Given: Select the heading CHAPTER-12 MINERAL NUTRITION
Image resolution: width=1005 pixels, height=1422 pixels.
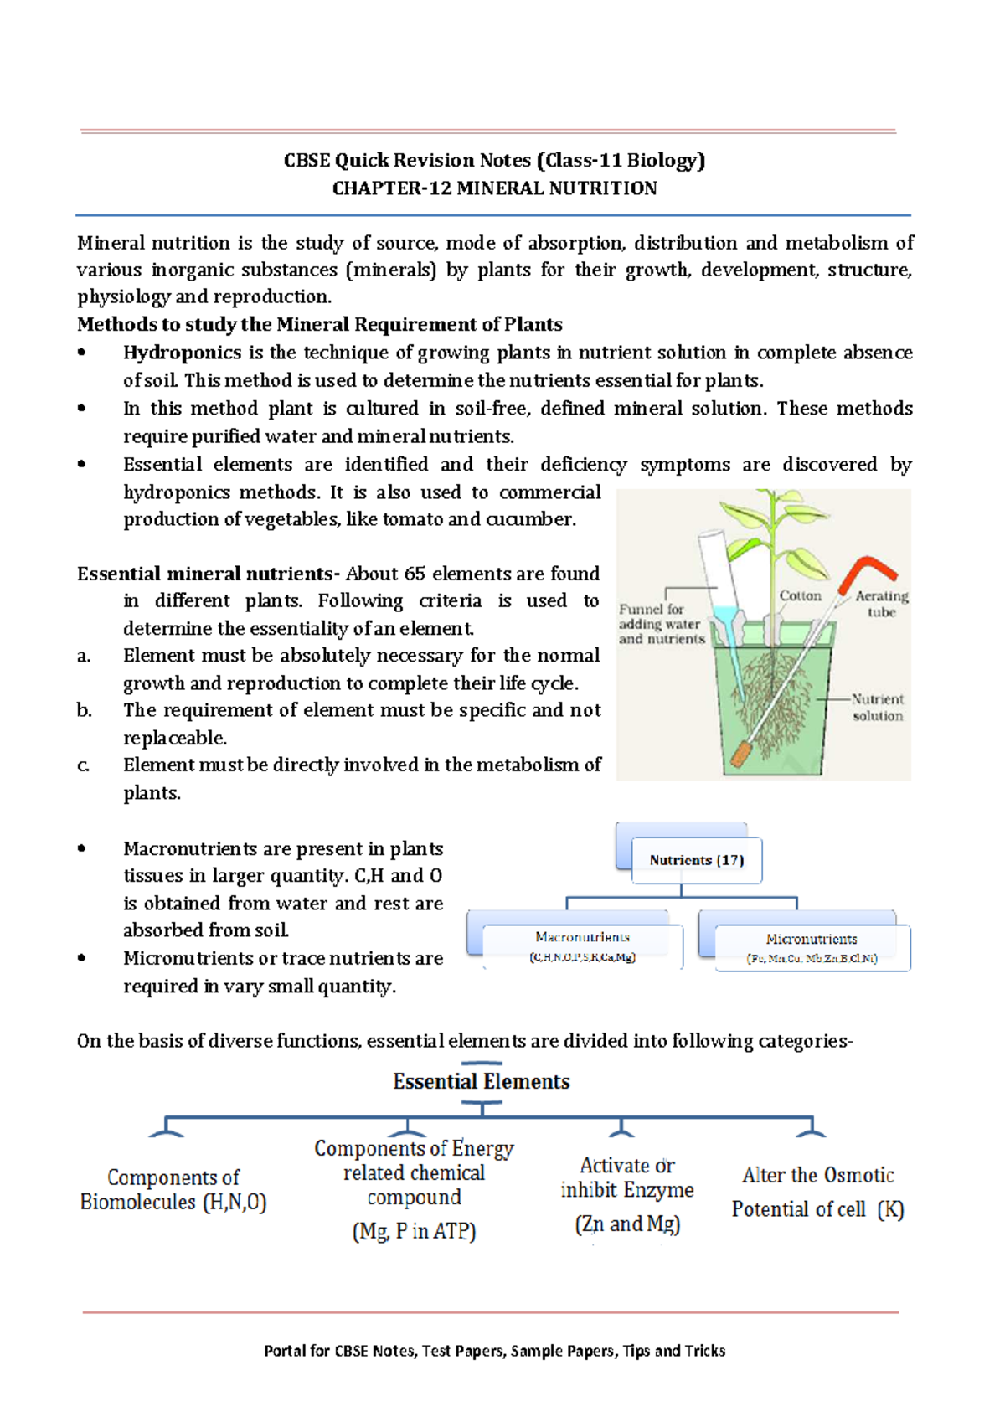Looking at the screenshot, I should point(494,188).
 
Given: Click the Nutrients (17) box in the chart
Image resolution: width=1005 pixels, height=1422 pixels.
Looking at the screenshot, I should point(697,860).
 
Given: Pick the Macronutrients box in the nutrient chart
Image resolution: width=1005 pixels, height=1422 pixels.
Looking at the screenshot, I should point(583,946).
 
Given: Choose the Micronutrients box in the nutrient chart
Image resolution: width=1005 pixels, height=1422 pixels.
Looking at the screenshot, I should point(812,948).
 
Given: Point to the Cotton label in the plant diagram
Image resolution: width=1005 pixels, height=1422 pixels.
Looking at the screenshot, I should point(800,595).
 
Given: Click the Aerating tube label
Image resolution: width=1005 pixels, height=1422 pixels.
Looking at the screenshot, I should point(881,604).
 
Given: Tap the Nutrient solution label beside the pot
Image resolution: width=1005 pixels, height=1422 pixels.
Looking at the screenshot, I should point(877,707).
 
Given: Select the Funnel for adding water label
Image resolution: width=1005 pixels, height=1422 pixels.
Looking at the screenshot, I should point(662,624).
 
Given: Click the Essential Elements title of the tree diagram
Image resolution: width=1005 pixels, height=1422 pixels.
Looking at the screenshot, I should point(482,1081).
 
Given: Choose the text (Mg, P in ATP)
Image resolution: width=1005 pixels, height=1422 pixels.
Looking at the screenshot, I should point(414,1231).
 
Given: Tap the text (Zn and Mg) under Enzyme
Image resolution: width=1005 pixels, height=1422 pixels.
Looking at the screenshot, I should point(627,1224).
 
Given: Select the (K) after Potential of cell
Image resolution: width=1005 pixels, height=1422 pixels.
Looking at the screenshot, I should point(890,1209).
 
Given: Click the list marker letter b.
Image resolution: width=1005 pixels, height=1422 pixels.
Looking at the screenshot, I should point(84,710).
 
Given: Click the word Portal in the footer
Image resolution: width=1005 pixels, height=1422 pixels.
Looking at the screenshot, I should point(283,1351).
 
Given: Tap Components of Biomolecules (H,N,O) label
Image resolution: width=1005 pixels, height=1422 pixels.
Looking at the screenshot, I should point(173,1190).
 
